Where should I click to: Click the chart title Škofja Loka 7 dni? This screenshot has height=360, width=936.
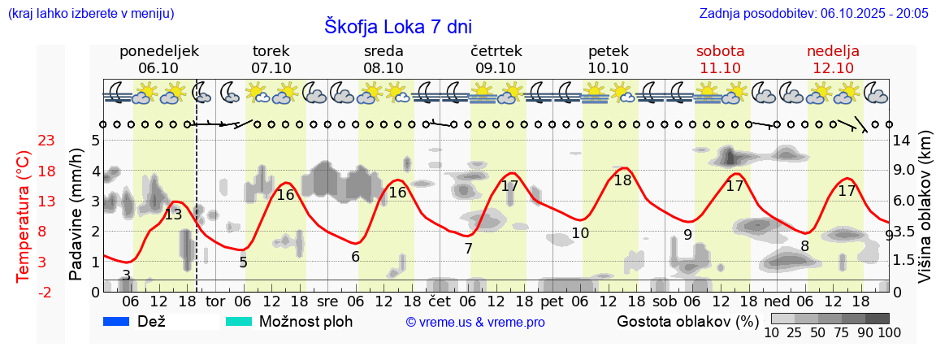tap(397, 26)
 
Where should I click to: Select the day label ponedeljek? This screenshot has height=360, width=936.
tap(159, 51)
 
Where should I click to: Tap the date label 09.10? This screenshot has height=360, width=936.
tap(496, 68)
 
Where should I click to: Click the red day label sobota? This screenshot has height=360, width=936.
tap(721, 51)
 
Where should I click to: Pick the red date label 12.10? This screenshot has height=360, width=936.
tap(833, 68)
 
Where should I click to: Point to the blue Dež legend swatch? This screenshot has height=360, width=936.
tap(117, 321)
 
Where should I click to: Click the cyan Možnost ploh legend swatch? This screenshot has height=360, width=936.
tap(238, 321)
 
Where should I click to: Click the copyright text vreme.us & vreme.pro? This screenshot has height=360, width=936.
tap(475, 322)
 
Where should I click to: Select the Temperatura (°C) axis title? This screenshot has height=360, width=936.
tap(24, 216)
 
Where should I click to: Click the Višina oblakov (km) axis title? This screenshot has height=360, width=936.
tap(924, 216)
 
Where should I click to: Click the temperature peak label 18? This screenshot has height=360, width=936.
tap(623, 180)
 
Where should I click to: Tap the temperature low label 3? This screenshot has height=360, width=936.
tap(126, 275)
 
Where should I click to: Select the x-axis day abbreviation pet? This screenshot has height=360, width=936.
tap(552, 301)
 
